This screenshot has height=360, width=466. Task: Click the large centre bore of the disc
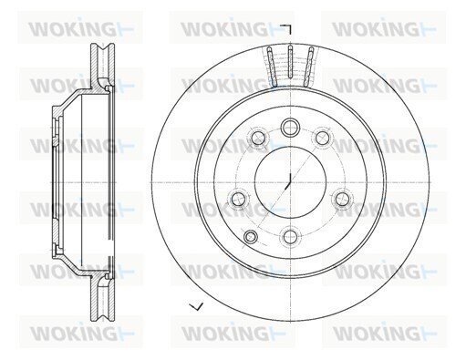pos(290,182)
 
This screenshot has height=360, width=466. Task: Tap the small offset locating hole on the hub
pos(251,236)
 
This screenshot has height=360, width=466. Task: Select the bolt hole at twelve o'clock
pos(290,128)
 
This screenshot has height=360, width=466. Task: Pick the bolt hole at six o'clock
pos(290,237)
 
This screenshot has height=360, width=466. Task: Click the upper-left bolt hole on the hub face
pos(258,138)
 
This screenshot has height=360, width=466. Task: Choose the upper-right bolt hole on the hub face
pos(323,138)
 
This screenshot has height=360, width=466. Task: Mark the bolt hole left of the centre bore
pos(238,199)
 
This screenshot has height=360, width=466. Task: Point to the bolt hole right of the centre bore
pos(343,199)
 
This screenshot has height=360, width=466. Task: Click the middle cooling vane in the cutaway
pos(290,65)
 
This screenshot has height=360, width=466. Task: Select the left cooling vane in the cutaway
pos(272,67)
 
